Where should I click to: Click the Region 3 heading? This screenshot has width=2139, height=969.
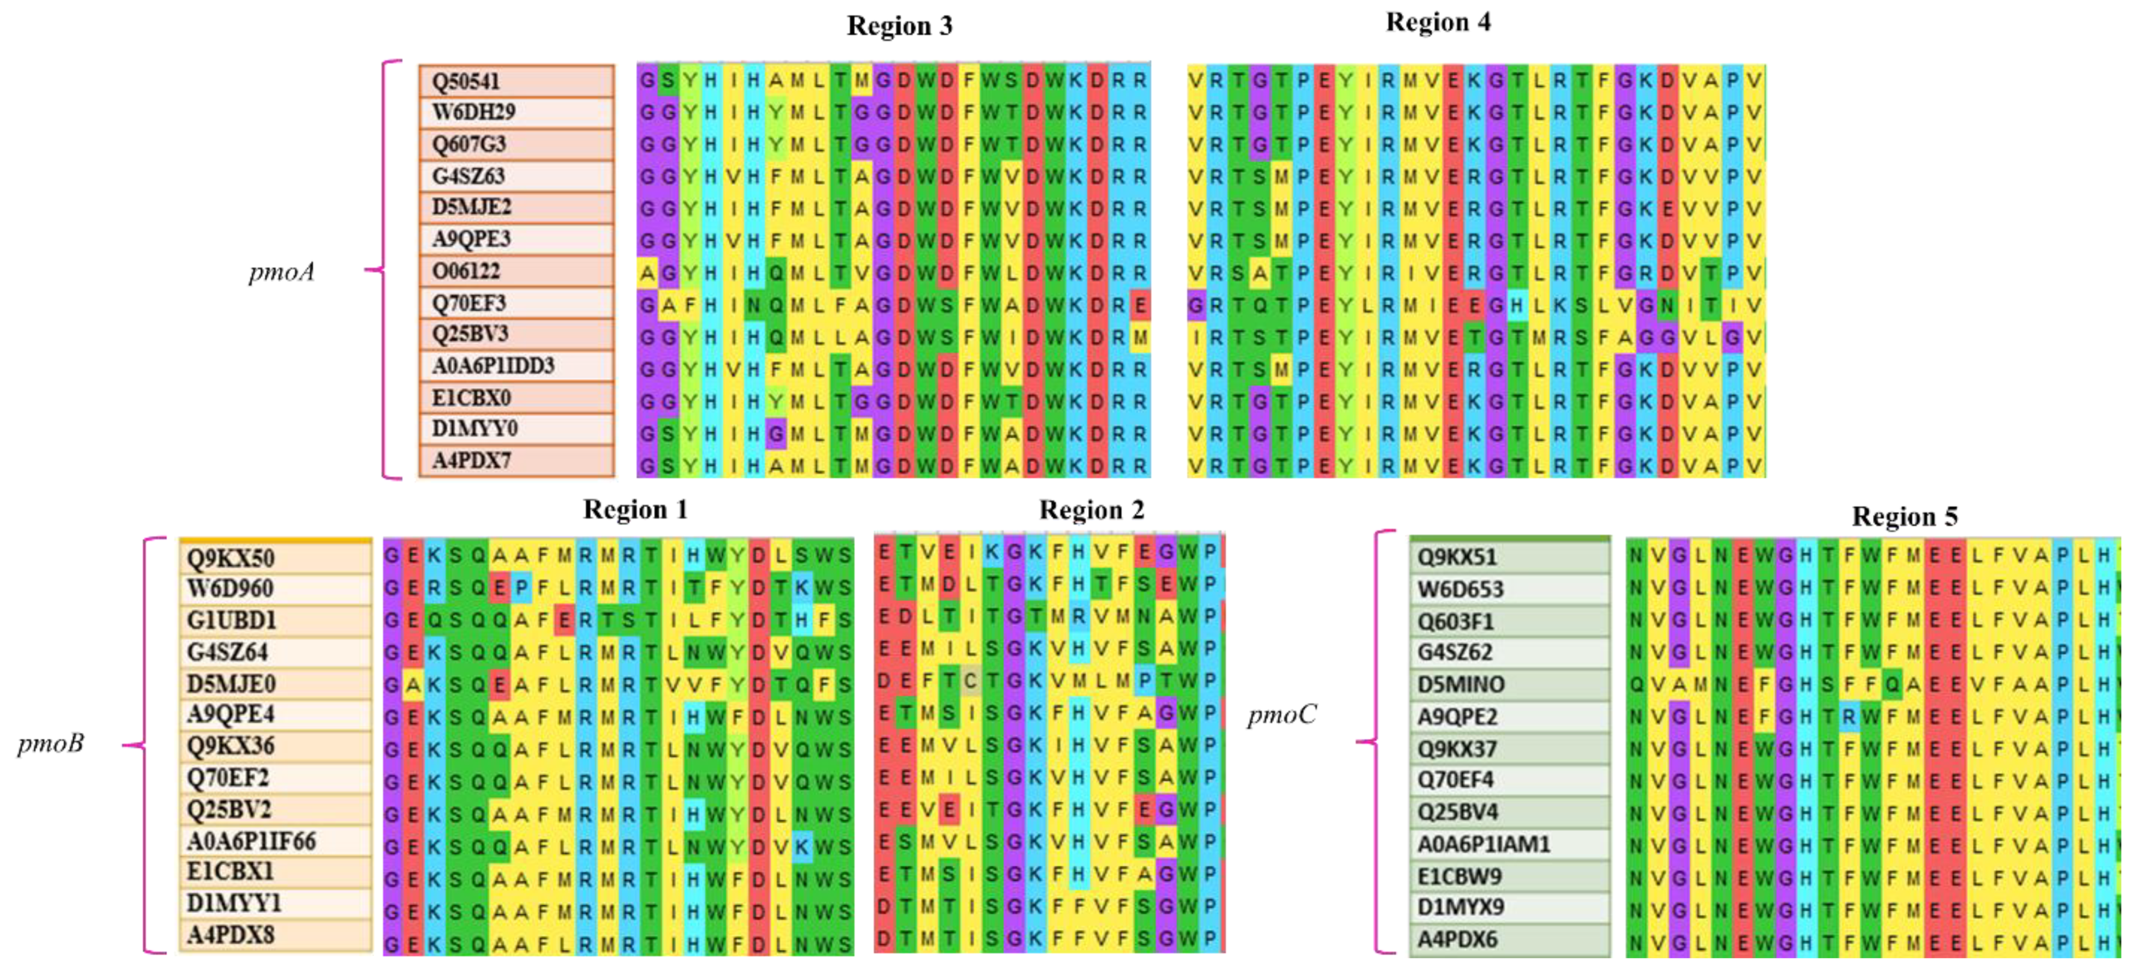pos(899,26)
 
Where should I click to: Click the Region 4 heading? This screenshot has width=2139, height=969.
pos(1438,22)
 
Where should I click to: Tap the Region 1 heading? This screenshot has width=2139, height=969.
pos(635,509)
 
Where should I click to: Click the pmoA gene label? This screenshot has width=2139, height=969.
pos(282,272)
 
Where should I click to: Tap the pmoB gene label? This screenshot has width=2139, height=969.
pos(51,743)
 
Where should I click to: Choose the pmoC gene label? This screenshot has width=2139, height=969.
pos(1281,715)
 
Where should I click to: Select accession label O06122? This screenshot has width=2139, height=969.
pos(466,271)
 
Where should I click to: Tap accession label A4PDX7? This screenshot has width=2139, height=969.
pos(471,460)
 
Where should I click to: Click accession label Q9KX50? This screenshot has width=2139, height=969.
pos(230,557)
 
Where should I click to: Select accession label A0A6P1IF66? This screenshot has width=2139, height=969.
pos(251,841)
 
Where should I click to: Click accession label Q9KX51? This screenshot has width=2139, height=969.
pos(1456,557)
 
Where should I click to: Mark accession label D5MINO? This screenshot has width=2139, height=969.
pos(1461,684)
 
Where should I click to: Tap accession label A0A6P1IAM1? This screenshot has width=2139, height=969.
pos(1484,844)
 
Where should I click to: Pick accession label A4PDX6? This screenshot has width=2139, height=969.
pos(1457,939)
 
